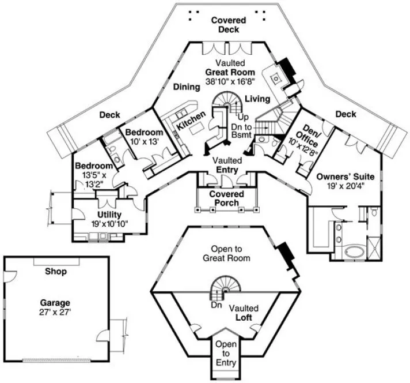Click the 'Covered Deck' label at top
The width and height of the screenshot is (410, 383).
(x=228, y=25)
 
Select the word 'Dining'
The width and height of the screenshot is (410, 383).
(x=187, y=87)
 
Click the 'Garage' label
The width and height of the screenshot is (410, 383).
(x=55, y=302)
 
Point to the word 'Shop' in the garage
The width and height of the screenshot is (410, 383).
(x=55, y=271)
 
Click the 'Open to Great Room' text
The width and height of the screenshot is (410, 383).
(x=226, y=254)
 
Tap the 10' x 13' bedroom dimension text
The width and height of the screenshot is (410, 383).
(x=144, y=142)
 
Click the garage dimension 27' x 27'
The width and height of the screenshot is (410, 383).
(x=55, y=311)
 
